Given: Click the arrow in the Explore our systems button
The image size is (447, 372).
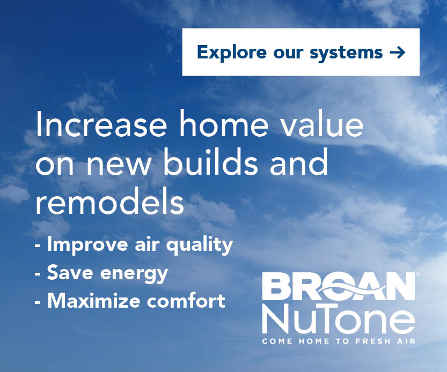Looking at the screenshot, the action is [x=397, y=53].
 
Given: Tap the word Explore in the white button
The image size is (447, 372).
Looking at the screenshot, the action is [x=231, y=53].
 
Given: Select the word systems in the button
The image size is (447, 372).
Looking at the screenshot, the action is [x=346, y=53].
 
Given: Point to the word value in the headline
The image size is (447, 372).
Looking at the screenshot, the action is [x=322, y=123].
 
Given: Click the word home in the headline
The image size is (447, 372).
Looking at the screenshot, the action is [x=223, y=123].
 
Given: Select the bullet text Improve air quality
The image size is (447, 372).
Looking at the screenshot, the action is [x=134, y=244].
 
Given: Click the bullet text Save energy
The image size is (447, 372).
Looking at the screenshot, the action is [x=101, y=273].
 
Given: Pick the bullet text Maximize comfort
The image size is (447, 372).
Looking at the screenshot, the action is [x=130, y=301].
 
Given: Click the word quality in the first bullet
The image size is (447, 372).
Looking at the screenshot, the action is [x=200, y=245].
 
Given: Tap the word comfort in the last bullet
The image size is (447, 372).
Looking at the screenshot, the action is [x=186, y=301].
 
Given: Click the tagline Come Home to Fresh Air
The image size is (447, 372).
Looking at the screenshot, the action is [x=339, y=341].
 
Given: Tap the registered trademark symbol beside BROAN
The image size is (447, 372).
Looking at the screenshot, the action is [x=417, y=274].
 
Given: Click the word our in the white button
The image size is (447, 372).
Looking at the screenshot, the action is [x=288, y=53].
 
